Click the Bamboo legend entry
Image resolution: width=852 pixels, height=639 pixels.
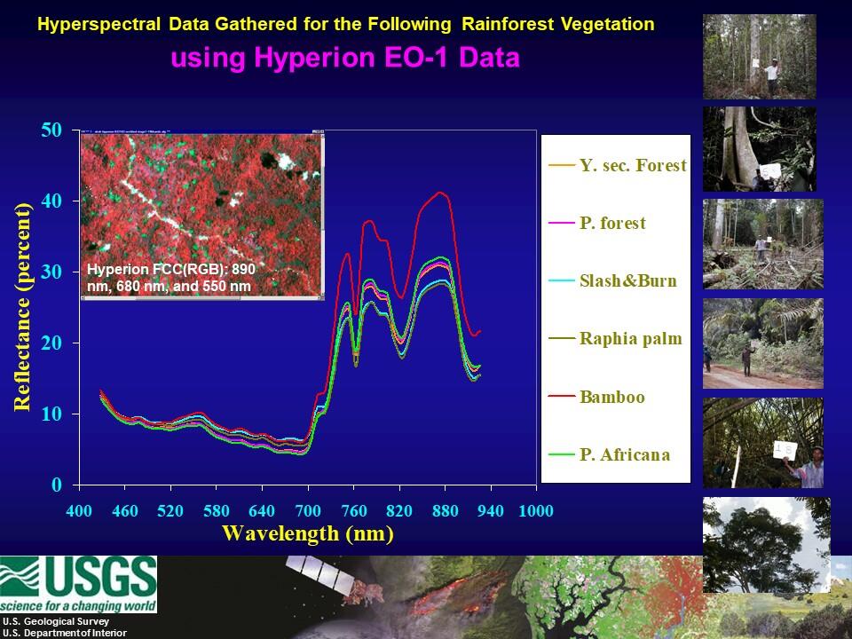611,397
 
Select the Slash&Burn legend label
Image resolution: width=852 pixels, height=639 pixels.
627,281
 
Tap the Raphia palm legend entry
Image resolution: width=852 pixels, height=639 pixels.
630,339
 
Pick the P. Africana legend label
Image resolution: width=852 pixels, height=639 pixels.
625,454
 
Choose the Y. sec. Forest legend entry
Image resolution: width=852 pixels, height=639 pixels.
632,165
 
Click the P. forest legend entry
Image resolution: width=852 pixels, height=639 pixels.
612,224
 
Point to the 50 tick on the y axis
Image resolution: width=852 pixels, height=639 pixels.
53,130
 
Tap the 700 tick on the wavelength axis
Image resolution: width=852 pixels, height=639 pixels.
308,511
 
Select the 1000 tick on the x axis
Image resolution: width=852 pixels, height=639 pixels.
536,511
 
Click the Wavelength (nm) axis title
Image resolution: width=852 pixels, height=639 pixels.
307,534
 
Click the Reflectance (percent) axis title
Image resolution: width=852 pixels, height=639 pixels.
22,307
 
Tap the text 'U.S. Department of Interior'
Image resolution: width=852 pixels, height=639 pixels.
64,633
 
